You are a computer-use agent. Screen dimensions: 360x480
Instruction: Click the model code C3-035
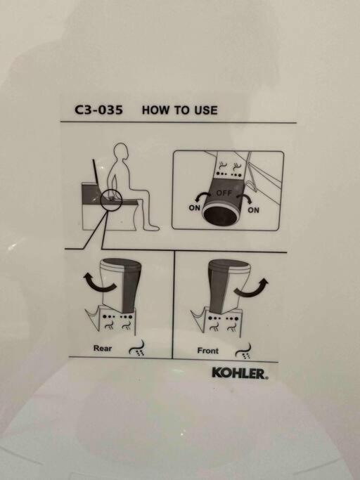98,110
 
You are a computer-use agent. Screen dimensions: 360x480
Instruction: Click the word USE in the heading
205,110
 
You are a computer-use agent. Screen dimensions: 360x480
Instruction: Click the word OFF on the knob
224,193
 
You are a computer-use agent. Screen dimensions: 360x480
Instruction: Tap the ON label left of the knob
194,208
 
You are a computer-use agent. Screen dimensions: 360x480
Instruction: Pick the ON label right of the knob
253,210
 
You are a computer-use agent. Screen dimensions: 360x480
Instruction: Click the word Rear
103,348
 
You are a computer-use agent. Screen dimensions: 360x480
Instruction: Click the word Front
207,351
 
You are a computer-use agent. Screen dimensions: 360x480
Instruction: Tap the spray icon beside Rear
136,349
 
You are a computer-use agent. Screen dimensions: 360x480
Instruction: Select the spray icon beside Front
243,351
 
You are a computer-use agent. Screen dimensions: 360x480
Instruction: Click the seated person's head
121,152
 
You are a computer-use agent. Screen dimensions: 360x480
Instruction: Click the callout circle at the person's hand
101,199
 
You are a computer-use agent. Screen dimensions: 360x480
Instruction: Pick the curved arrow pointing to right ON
245,197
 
